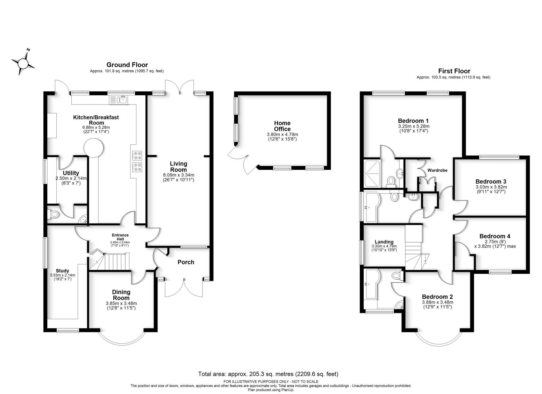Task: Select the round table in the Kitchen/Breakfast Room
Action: pos(93,148)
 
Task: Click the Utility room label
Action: pos(71,173)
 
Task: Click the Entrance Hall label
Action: pos(120,237)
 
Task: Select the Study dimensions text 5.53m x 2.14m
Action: pos(62,275)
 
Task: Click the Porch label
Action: pos(186,262)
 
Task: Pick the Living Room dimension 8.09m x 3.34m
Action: pos(178,175)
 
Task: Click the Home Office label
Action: pos(282,126)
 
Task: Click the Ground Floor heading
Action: pos(127,65)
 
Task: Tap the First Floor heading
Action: pos(454,71)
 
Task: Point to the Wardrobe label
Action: pos(437,170)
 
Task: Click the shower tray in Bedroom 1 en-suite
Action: pos(372,173)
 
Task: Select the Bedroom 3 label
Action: pos(491,182)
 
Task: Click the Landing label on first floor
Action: pos(384,242)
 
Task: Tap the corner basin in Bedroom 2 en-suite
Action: pos(400,306)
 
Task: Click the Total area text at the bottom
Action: pos(268,374)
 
